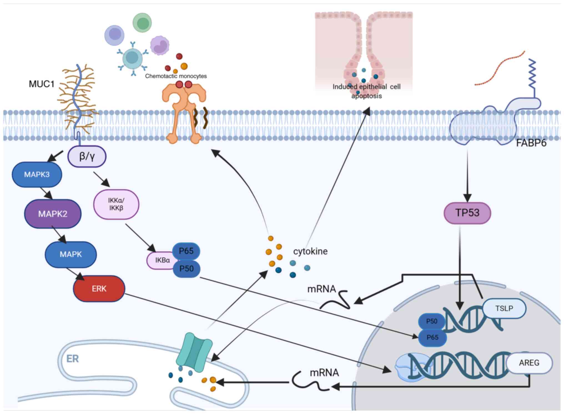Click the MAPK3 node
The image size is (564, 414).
click(37, 175)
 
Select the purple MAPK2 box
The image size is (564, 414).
click(53, 214)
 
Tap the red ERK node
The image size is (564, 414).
click(99, 289)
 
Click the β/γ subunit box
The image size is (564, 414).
click(87, 156)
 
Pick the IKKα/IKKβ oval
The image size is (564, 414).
click(116, 204)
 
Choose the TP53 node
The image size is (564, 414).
click(467, 213)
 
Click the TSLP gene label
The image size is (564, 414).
click(504, 308)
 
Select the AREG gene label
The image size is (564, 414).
click(529, 363)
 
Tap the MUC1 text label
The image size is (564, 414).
click(42, 84)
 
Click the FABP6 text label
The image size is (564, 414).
click(531, 143)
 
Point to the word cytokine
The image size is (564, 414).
click(310, 251)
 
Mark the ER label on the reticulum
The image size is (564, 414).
click(72, 359)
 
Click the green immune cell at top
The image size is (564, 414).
click(142, 23)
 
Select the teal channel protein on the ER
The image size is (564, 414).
click(194, 352)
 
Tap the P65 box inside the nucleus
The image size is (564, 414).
click(432, 337)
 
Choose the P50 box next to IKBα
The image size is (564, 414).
click(186, 269)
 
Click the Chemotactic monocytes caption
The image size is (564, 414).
click(176, 76)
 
